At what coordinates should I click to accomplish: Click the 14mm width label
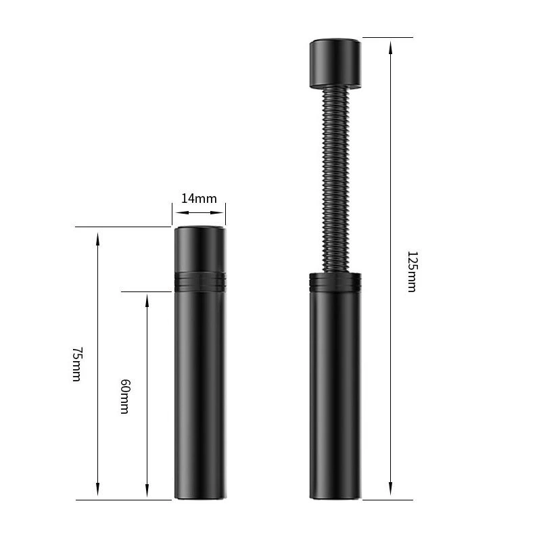[x=199, y=199]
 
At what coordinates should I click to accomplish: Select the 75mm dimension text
[x=77, y=364]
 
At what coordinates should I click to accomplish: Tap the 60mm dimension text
[x=125, y=396]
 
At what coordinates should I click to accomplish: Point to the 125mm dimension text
[x=413, y=272]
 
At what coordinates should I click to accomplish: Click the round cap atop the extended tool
[x=335, y=63]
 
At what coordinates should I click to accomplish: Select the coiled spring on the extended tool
[x=335, y=179]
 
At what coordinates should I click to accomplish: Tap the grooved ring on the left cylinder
[x=200, y=281]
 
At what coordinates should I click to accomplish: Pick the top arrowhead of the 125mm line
[x=391, y=48]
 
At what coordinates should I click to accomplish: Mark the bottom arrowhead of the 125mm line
[x=391, y=489]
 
